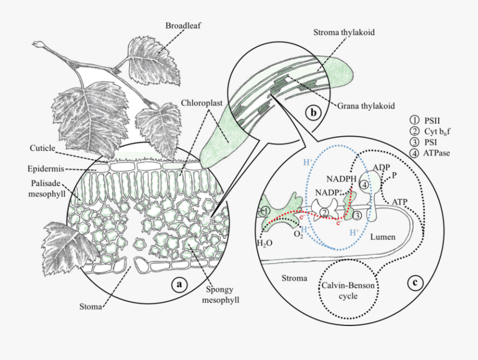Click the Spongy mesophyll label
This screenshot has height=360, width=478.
pos(223,295)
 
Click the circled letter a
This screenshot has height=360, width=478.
pos(179,285)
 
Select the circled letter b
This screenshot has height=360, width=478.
pos(313,113)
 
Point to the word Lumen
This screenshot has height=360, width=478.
pos(382,237)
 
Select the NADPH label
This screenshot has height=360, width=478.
pos(340,179)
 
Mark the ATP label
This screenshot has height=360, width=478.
pos(399,202)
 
